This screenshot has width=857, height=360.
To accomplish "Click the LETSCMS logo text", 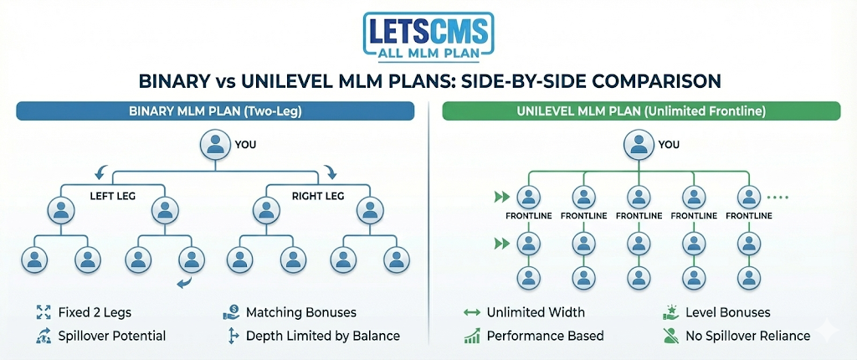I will [428, 29].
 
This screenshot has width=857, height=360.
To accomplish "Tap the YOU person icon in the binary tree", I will [215, 145].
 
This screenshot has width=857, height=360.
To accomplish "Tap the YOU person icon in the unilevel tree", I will [638, 145].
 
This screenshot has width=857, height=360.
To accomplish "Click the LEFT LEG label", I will [112, 198].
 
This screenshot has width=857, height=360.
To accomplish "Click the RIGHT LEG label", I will [318, 198].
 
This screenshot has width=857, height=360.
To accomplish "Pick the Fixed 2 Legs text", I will [95, 313].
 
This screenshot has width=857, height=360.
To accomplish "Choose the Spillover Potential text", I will [112, 336].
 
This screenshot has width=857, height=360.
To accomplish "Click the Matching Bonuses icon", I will [232, 313].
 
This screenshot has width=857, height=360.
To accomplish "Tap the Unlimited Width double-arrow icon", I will [471, 313].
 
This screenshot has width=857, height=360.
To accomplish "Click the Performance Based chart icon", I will [471, 336].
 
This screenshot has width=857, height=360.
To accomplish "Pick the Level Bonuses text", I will [727, 313].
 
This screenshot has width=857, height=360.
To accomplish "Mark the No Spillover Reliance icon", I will [670, 336].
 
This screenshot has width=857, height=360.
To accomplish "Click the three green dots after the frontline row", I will [779, 198].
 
